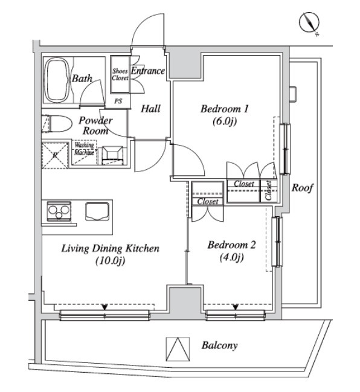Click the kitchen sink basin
click(97, 211)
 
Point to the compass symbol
click(309, 23)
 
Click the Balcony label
click(219, 345)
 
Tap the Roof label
click(302, 187)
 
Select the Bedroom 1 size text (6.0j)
click(225, 121)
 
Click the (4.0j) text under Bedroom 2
click(232, 257)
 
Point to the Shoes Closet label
click(120, 74)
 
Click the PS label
click(118, 101)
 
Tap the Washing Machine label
click(84, 149)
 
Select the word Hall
click(150, 109)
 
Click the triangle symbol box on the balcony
click(178, 349)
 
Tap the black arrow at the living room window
click(105, 307)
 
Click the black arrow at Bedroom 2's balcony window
click(236, 307)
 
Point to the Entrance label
click(148, 71)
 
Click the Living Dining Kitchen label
click(111, 248)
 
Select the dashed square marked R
click(55, 155)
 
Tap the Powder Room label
click(96, 126)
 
